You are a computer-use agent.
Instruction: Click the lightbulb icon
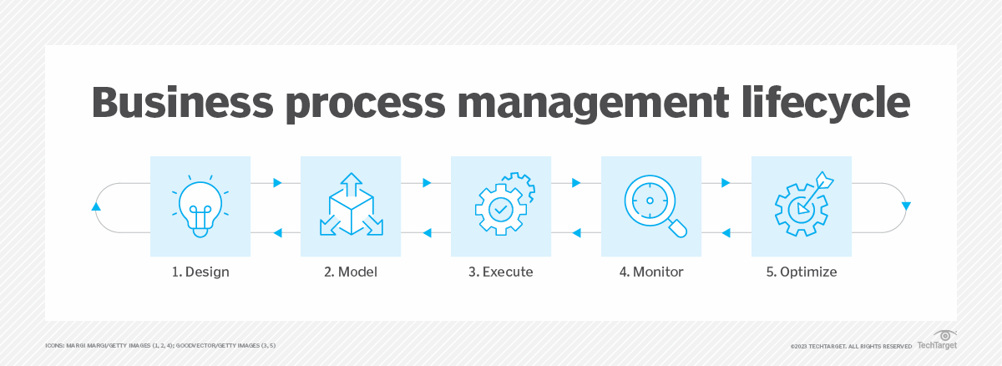(200, 206)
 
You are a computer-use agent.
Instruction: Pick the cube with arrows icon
(351, 206)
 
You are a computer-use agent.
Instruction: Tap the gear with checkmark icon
(501, 206)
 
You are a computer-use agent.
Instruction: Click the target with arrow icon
(802, 206)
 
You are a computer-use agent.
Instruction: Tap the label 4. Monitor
(651, 272)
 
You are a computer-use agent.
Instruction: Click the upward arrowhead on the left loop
(96, 206)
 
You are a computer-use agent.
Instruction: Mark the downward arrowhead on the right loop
(906, 206)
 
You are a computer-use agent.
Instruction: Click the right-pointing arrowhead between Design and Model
(277, 181)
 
